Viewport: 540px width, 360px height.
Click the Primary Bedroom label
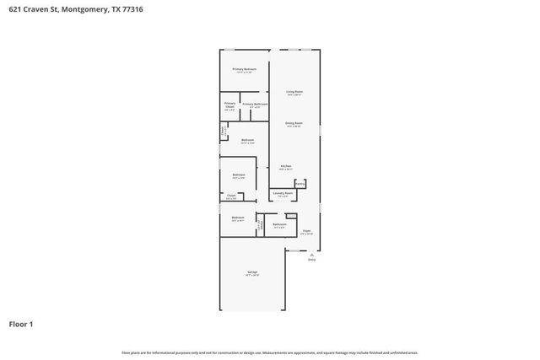[244, 69]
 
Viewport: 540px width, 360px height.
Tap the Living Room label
[294, 91]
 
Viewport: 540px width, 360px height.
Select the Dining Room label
[294, 123]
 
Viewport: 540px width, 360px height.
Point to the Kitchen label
[286, 166]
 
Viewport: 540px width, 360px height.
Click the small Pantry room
[300, 183]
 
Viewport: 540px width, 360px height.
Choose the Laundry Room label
[283, 193]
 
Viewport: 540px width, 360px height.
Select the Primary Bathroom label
[255, 105]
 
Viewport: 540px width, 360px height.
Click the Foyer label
[307, 229]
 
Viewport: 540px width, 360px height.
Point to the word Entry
[311, 261]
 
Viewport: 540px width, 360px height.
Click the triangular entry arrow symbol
[311, 255]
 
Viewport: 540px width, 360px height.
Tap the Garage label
[252, 271]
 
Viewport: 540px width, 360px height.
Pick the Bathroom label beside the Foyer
[279, 223]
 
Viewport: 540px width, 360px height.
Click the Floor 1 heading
[21, 324]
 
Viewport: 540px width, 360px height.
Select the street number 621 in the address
[14, 9]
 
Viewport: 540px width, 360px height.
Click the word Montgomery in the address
[77, 9]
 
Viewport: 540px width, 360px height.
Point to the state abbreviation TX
[105, 9]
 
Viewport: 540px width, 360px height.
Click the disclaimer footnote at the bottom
[270, 352]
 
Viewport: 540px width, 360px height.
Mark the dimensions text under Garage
[252, 276]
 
